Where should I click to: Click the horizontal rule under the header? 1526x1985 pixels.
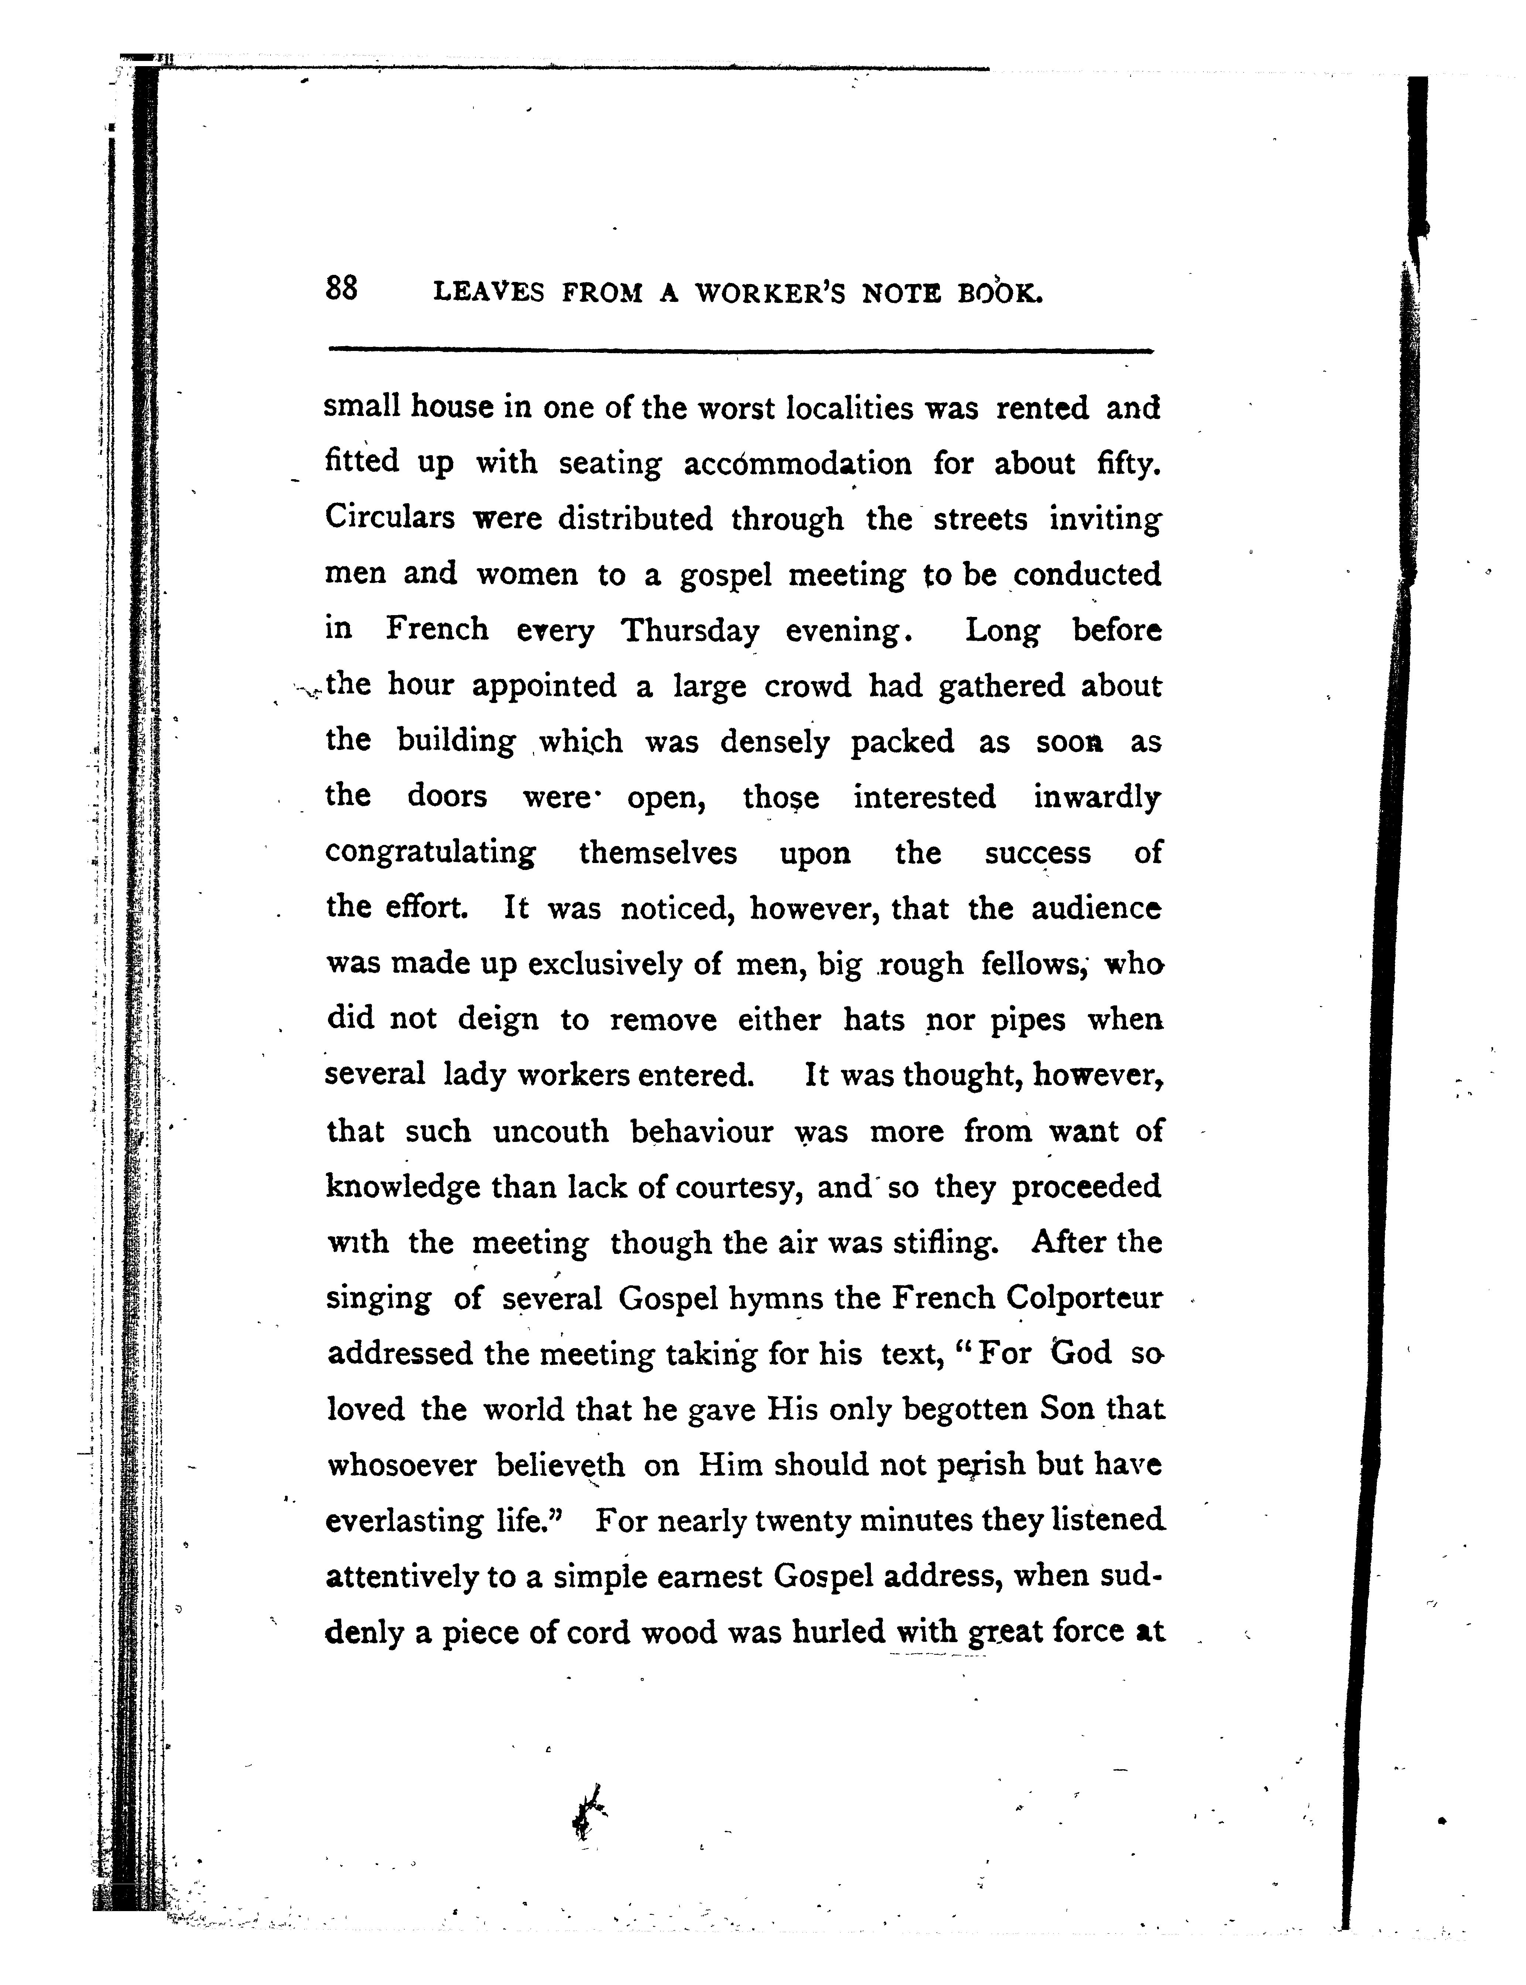point(740,350)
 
